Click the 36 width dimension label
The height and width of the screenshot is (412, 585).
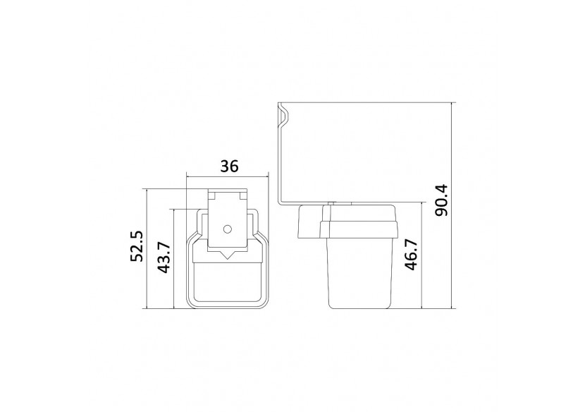[229, 166]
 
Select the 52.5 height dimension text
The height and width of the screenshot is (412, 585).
[137, 246]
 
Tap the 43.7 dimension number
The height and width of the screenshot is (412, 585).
[164, 257]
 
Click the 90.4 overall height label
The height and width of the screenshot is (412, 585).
[442, 200]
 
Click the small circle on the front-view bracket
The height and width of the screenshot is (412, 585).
[227, 229]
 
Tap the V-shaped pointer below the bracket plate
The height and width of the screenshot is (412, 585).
[227, 255]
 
